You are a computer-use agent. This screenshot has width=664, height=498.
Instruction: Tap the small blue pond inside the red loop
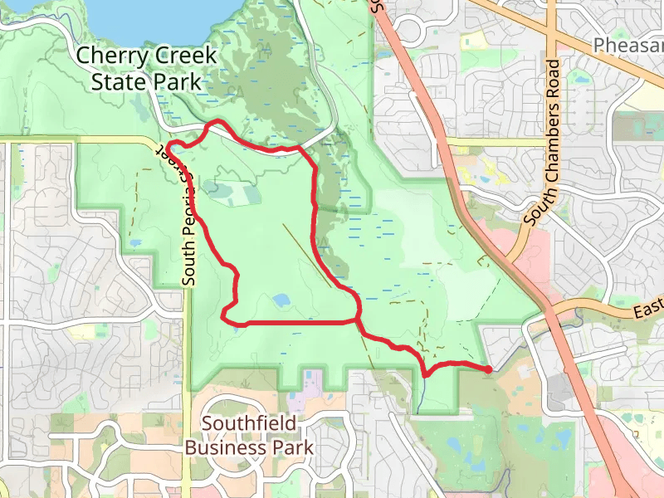tap(280, 300)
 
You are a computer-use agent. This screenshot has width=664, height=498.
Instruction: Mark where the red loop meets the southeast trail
tap(358, 319)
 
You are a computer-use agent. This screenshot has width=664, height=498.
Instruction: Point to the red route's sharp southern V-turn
tap(425, 374)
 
